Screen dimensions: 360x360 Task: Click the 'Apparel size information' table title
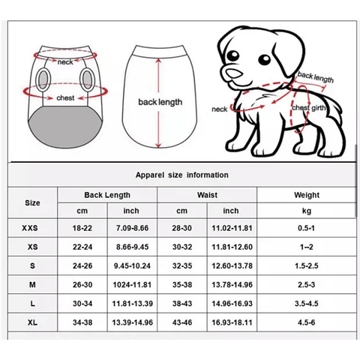click(181, 175)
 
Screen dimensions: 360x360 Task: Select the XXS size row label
click(30, 228)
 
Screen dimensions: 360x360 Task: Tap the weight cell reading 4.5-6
click(307, 322)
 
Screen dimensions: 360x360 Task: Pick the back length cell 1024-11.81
click(132, 285)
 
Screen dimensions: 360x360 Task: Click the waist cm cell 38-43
click(182, 304)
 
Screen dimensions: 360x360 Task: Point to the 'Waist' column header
click(207, 195)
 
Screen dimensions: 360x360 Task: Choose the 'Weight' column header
click(307, 195)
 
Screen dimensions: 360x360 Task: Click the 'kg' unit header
click(307, 211)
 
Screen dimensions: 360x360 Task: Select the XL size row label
click(32, 322)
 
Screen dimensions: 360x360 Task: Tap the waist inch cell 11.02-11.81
click(232, 228)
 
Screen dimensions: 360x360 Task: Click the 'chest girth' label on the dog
click(309, 108)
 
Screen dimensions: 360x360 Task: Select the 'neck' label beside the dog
click(219, 109)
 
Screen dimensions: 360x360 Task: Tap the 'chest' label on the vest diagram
click(65, 97)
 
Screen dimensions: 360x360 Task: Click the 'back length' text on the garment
click(160, 102)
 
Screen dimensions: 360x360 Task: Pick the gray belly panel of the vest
click(66, 126)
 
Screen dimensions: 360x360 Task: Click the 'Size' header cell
click(32, 202)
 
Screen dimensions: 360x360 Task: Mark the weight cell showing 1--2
click(307, 247)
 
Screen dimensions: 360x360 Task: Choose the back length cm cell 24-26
click(82, 265)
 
